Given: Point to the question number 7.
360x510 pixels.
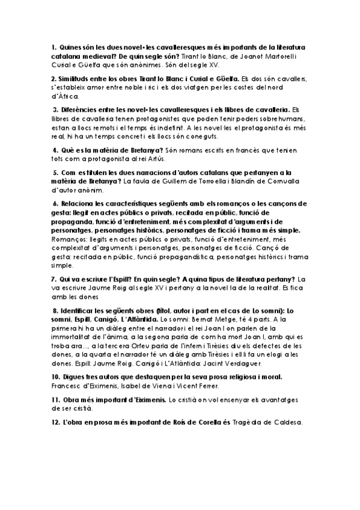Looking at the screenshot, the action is [53, 279].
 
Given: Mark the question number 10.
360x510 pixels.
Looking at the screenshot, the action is [55, 377].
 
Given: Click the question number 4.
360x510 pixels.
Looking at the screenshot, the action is [54, 150].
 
